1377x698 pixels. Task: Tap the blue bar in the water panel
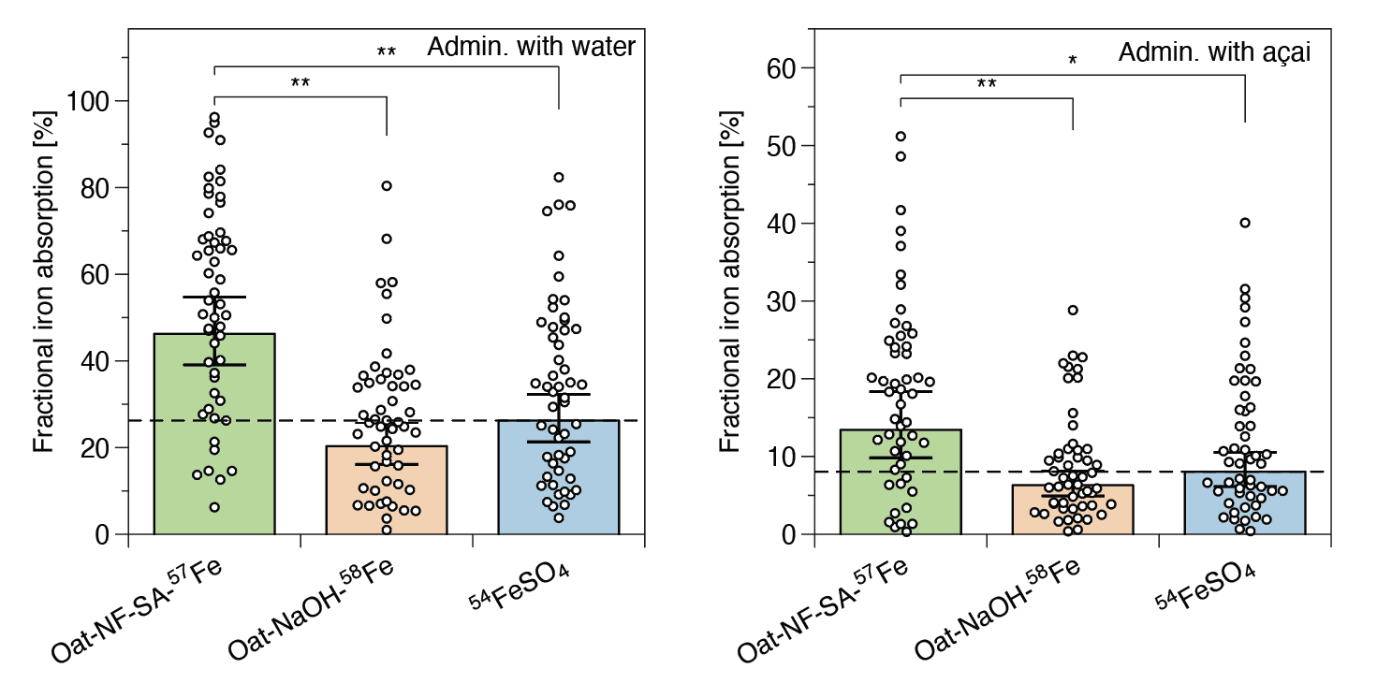point(558,478)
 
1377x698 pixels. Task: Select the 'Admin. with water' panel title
point(531,48)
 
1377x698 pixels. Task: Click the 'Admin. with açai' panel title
point(1213,53)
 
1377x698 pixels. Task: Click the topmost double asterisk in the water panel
point(386,52)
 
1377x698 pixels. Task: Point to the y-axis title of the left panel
point(45,282)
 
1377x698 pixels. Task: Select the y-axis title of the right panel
point(731,282)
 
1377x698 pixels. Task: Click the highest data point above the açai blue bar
point(1245,223)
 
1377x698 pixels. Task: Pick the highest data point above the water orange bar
point(386,185)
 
